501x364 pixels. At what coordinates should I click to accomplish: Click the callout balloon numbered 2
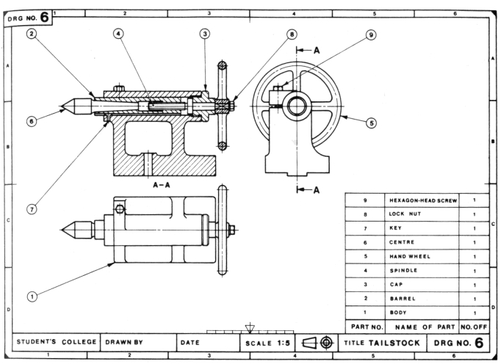pos(32,34)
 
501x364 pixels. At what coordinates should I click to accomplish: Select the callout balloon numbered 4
pos(118,34)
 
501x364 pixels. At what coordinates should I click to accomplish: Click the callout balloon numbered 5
pos(372,123)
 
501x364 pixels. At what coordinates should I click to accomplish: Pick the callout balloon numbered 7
pos(32,209)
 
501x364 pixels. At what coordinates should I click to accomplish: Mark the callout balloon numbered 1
pos(32,297)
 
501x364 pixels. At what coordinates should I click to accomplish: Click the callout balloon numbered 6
pos(32,122)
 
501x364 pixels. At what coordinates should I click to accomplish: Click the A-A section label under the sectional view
pos(163,186)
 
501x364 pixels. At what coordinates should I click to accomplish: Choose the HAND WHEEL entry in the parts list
pos(410,256)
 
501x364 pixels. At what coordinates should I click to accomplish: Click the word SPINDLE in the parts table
pos(405,271)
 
